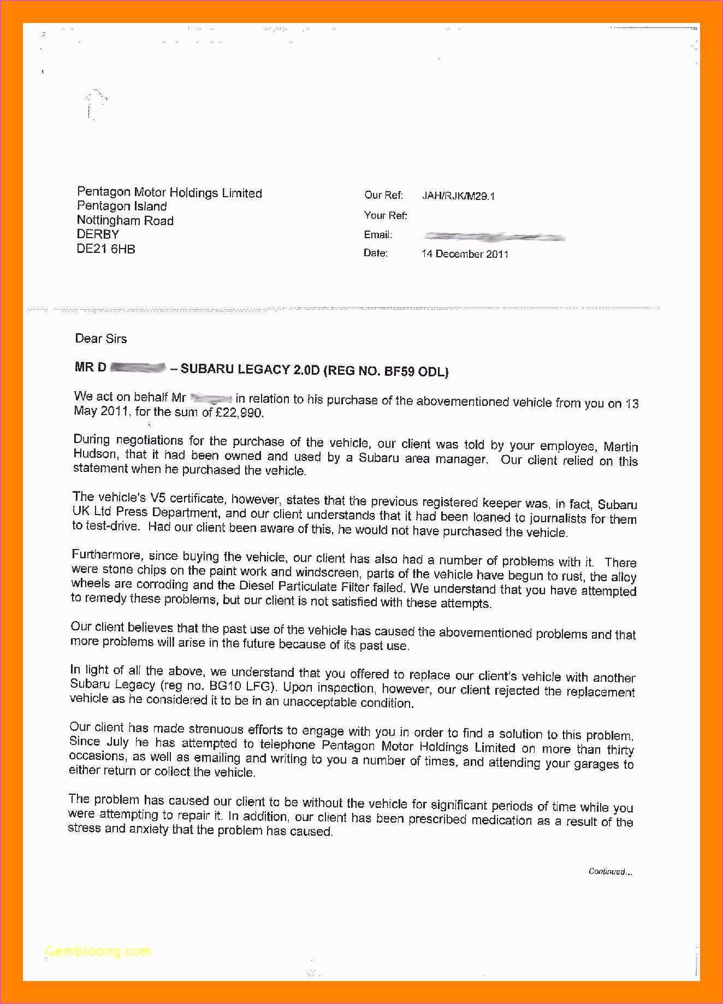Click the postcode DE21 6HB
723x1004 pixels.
click(106, 249)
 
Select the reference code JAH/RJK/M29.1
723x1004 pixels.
click(458, 196)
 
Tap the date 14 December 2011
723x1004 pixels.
click(465, 254)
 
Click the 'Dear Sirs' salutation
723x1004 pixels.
click(101, 339)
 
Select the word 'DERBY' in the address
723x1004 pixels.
click(98, 235)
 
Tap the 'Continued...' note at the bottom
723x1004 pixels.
click(610, 872)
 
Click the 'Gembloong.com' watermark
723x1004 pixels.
click(98, 951)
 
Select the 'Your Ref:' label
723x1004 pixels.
click(386, 216)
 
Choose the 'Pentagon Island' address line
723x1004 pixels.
click(122, 206)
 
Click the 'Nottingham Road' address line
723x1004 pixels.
click(125, 221)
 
